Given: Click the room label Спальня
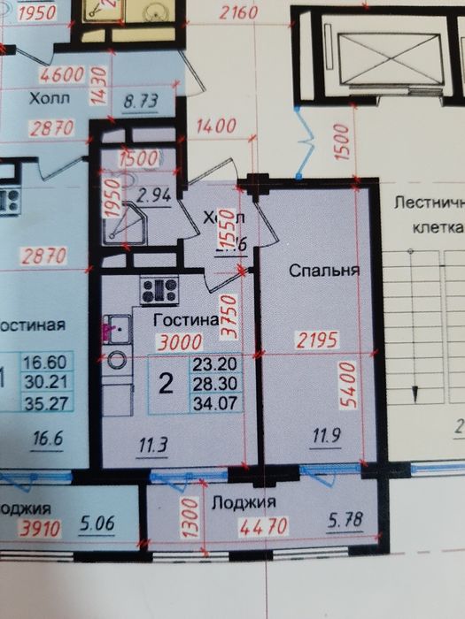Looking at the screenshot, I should tap(324, 271).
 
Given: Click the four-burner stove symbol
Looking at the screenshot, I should tap(159, 290).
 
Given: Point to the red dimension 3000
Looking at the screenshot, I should tap(179, 343).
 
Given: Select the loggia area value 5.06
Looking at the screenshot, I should tap(97, 531).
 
